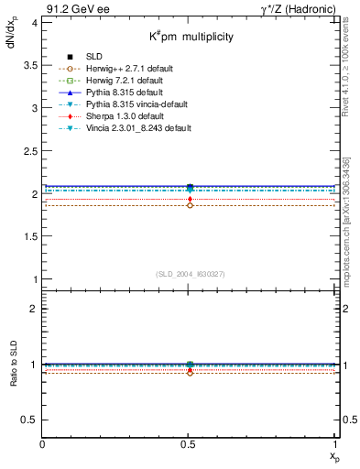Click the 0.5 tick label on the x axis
coord(189,443)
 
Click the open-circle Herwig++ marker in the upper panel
coord(190,205)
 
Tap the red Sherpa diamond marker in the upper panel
coord(190,199)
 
